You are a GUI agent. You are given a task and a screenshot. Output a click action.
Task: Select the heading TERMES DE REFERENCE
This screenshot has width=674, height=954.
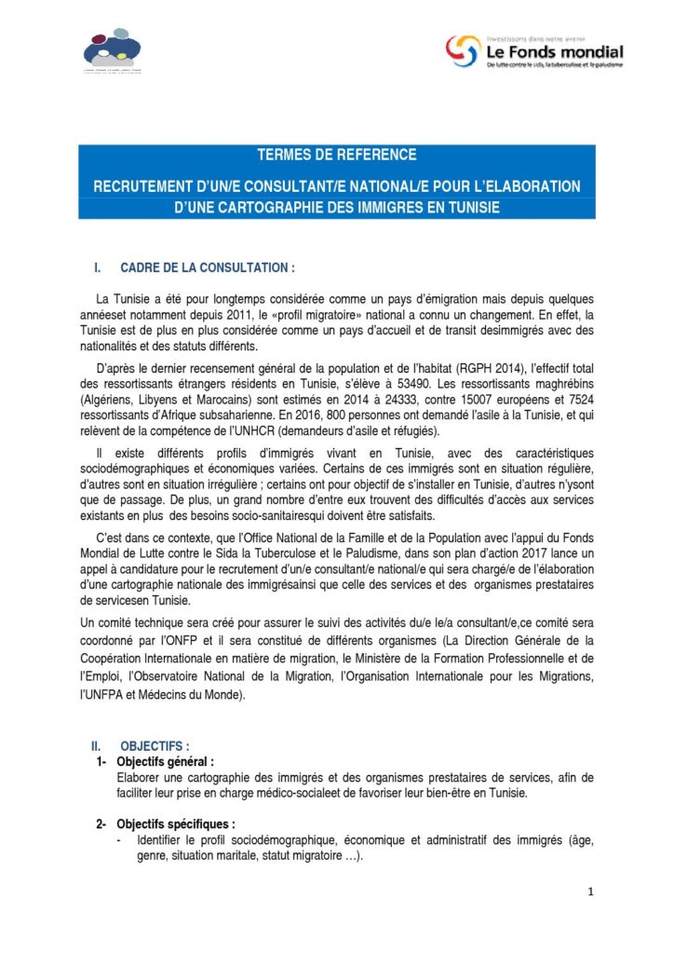336,155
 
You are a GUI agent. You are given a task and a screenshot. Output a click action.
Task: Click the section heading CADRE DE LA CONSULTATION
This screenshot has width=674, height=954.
208,267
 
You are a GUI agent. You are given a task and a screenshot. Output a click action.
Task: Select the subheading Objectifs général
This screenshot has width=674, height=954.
166,762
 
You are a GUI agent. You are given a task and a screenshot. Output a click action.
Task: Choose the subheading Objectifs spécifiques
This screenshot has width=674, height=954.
176,825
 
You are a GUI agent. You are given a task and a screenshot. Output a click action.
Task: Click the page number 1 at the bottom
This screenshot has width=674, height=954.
590,892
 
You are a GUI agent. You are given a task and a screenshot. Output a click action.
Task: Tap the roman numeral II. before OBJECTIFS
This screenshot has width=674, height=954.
96,746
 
